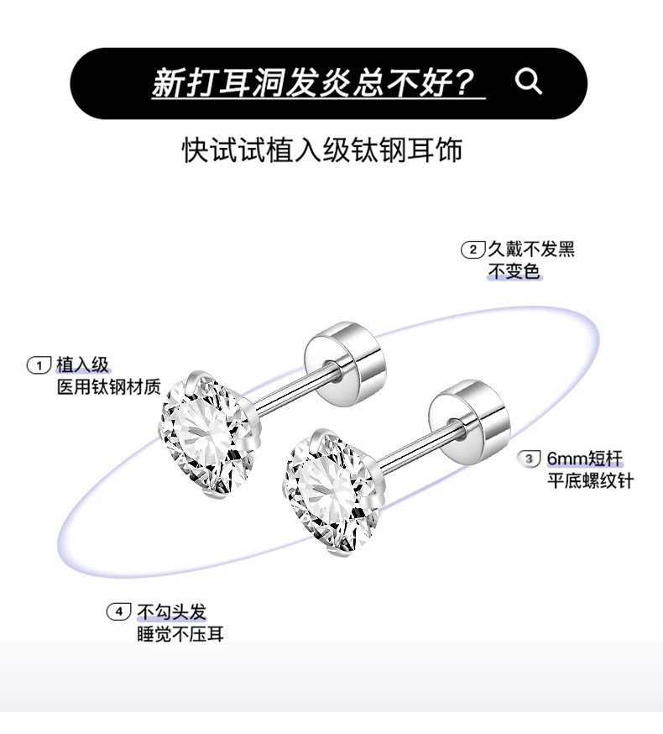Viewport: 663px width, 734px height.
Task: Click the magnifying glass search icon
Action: point(528,82)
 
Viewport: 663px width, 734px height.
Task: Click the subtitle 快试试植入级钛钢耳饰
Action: point(322,151)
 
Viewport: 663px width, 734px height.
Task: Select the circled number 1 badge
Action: point(39,364)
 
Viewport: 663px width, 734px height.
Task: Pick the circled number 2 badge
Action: point(473,249)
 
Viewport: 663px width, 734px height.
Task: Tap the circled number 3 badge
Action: point(530,459)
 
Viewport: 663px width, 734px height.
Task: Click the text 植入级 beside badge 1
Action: point(82,364)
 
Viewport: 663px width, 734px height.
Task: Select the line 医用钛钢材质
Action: point(107,387)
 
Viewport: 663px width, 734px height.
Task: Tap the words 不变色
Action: point(514,272)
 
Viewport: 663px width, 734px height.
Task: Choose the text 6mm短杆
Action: point(585,459)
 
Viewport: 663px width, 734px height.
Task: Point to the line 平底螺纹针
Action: point(591,481)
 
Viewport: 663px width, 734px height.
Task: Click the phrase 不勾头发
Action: point(172,611)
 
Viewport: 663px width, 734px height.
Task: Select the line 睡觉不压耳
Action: point(180,634)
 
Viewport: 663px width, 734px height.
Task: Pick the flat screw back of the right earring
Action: point(468,413)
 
